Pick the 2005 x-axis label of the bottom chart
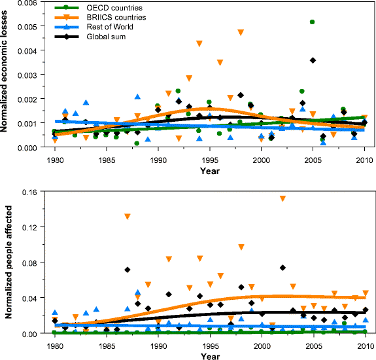tap(314, 344)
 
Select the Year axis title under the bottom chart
tap(209, 355)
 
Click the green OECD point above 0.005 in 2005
tap(313, 22)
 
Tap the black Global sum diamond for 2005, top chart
tap(313, 60)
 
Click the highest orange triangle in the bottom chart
tap(282, 198)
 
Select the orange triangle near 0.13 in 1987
tap(127, 217)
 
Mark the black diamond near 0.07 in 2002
tap(282, 267)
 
